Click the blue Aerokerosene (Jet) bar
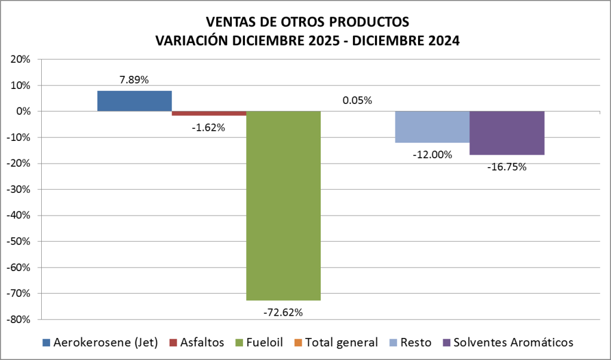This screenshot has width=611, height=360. tap(134, 101)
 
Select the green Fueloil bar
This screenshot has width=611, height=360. tap(283, 205)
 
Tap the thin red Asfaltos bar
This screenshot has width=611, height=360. tap(209, 113)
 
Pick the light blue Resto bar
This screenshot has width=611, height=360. tap(432, 127)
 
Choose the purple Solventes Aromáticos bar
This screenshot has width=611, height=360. tap(506, 133)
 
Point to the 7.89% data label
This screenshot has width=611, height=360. tap(134, 79)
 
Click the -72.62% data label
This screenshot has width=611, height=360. tap(283, 312)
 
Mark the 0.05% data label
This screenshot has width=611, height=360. tap(357, 100)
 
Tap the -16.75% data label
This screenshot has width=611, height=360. tap(506, 167)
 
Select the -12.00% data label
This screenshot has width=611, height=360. tap(432, 154)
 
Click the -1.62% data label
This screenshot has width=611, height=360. tap(208, 127)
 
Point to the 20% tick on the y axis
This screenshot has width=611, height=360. tap(20, 60)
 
